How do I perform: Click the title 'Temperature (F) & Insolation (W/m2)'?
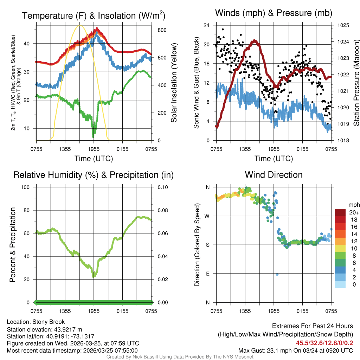coord(94,16)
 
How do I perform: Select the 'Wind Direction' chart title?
coord(274,175)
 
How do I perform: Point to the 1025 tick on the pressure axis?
coord(343,25)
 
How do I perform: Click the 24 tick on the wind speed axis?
coord(206,25)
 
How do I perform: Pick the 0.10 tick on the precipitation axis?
coord(162,187)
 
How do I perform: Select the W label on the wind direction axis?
coord(208,216)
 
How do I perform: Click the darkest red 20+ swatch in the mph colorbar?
coord(341,212)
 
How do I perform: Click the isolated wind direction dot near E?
coord(277,275)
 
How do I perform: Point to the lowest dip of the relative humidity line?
coord(94,277)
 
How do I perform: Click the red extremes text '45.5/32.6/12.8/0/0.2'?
coord(324,343)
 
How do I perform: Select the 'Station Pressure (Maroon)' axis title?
coord(356,83)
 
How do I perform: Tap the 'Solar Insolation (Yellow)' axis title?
coord(174,83)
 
